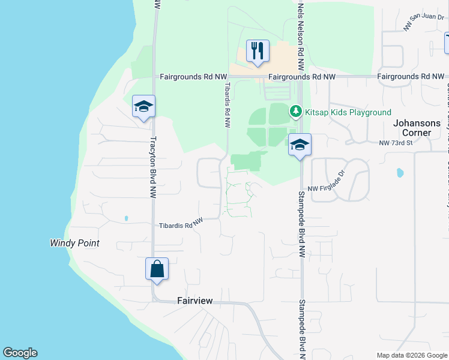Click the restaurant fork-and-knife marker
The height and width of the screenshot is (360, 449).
[258, 52]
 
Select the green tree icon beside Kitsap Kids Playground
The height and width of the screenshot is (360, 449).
[295, 112]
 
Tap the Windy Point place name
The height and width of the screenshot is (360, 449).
[74, 244]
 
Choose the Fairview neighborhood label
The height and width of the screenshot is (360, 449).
[194, 301]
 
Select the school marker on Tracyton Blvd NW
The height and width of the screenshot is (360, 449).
[143, 107]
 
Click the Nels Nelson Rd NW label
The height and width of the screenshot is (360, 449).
[301, 27]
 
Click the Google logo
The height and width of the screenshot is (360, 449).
[20, 353]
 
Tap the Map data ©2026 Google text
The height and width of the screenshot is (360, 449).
[411, 355]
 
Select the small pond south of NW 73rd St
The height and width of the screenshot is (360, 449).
[400, 173]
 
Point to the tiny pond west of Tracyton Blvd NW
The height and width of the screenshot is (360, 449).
[126, 218]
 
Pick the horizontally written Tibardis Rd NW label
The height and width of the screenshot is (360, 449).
[181, 224]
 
